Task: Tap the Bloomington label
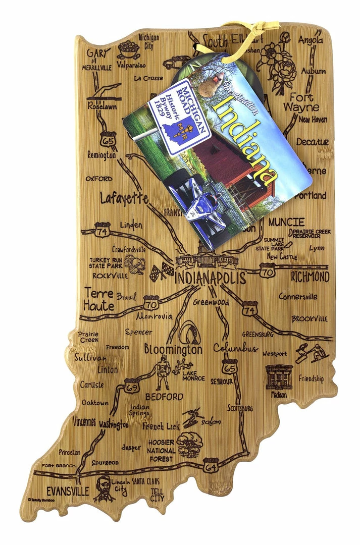click(173, 349)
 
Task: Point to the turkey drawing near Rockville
click(135, 264)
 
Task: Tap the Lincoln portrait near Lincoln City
click(103, 488)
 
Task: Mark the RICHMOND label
click(310, 277)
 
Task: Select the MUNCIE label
click(286, 222)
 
